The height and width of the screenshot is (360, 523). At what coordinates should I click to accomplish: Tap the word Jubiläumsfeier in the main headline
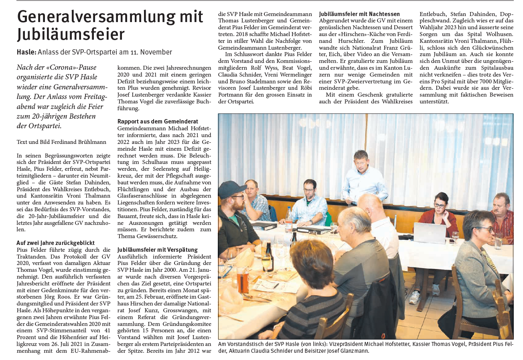(71, 34)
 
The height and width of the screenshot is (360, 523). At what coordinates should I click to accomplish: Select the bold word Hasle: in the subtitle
(26, 52)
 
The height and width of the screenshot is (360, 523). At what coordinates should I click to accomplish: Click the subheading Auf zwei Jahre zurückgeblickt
(55, 243)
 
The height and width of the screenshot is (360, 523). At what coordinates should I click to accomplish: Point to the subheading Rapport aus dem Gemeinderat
(158, 121)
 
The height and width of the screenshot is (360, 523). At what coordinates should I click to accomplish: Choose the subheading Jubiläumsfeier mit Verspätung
(157, 249)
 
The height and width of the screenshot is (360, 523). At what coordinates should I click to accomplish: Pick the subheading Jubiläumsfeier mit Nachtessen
(359, 14)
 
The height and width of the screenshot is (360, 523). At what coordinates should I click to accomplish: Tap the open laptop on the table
(430, 233)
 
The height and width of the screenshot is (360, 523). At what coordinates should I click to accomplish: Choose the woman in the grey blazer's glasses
(486, 229)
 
